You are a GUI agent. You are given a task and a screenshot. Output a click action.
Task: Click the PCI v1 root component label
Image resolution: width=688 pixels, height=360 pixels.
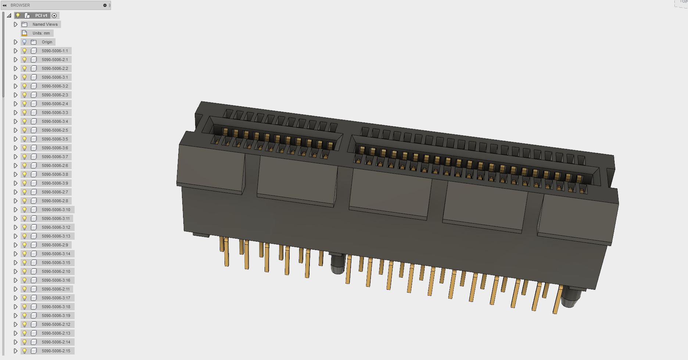click(41, 15)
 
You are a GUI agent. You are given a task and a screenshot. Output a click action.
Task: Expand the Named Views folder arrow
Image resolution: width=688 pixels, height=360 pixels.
click(15, 24)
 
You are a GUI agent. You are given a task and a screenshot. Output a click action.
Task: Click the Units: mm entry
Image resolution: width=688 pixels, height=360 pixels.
click(41, 33)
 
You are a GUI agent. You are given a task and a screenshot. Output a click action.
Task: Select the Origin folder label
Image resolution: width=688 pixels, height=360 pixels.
click(47, 42)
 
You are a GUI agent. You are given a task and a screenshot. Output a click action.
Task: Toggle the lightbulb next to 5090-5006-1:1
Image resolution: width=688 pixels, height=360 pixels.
click(25, 51)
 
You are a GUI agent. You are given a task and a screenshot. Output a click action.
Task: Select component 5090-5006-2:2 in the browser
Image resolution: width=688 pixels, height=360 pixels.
click(55, 68)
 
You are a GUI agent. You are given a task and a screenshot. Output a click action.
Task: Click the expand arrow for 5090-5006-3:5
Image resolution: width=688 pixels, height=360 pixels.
click(15, 139)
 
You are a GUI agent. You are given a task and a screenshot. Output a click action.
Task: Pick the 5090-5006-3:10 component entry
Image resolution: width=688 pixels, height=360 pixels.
click(56, 210)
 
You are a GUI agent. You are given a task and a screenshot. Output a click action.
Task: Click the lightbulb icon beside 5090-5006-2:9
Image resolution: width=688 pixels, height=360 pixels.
click(25, 245)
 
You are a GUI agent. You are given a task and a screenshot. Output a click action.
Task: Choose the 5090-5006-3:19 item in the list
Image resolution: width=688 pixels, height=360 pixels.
click(56, 316)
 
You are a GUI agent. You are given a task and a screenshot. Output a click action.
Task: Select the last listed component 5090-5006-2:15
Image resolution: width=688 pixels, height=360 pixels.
click(56, 351)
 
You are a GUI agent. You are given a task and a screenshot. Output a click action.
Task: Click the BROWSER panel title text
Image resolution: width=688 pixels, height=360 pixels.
click(20, 5)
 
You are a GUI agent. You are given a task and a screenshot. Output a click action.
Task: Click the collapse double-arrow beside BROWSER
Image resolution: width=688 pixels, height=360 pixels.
click(4, 5)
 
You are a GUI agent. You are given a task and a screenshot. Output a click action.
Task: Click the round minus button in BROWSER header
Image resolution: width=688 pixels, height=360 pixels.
click(105, 5)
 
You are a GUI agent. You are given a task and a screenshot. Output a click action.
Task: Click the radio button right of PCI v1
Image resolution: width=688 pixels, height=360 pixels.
click(54, 15)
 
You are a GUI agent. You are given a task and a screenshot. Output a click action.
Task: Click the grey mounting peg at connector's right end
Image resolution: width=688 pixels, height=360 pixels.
click(569, 298)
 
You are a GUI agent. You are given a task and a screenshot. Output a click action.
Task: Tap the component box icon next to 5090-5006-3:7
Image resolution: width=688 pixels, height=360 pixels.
click(34, 157)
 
